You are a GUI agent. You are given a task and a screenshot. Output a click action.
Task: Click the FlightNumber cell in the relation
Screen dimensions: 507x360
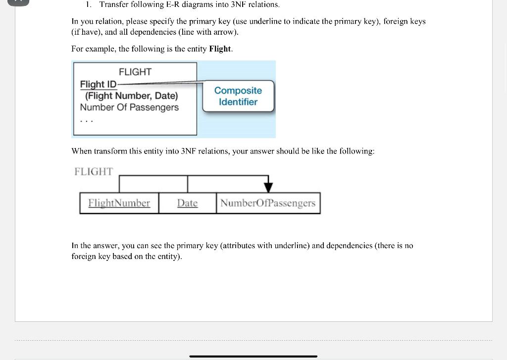coord(119,203)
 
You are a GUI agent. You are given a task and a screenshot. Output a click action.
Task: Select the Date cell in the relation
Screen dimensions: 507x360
coord(187,203)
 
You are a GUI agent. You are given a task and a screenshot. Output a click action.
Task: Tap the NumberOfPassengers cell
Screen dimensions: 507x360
coord(268,203)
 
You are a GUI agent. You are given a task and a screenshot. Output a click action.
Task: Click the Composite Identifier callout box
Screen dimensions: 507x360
coord(238,96)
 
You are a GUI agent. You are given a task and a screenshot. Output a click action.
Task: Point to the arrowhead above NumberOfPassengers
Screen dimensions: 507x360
coord(268,187)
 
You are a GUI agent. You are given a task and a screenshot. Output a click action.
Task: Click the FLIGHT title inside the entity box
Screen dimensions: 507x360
coord(135,72)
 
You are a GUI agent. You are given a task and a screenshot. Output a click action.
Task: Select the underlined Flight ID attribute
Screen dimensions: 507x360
coord(98,84)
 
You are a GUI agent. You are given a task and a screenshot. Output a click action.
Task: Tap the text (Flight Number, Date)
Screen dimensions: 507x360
coord(132,96)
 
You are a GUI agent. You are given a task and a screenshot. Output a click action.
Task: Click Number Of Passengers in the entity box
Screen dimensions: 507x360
coord(129,107)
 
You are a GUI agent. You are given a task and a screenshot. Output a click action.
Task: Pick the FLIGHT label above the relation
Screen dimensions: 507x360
coord(94,171)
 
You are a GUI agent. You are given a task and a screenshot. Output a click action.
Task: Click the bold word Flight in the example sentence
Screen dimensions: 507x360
coord(220,49)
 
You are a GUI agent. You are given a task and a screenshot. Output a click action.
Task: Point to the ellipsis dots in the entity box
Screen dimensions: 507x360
coord(86,120)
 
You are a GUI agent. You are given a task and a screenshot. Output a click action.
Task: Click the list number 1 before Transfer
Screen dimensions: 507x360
coord(88,4)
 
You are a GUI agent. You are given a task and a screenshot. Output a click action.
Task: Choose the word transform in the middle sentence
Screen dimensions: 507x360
coord(111,151)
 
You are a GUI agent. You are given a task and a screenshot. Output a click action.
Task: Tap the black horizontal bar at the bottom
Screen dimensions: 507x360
coord(253,356)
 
